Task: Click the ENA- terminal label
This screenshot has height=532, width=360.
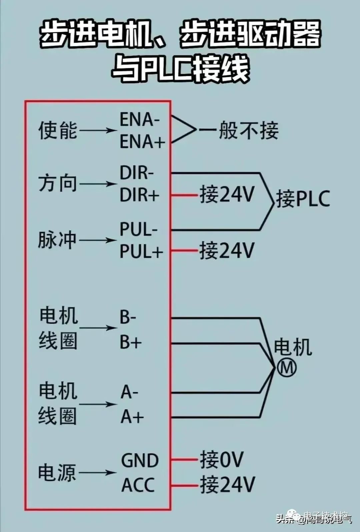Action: (140, 119)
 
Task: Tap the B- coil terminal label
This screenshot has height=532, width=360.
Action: (128, 317)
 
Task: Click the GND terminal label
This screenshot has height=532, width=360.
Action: (140, 461)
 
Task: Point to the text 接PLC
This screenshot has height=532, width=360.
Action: (303, 199)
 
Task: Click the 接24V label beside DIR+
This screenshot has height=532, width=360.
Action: (227, 194)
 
